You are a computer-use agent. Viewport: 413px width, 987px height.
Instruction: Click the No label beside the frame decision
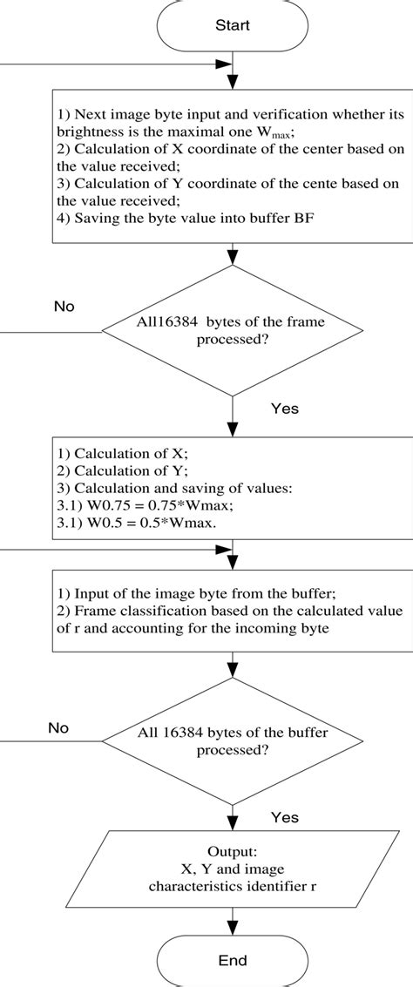pos(64,307)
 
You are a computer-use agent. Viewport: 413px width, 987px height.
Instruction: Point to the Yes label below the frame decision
pos(287,406)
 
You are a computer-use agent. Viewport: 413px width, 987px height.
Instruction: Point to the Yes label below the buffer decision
pos(285,817)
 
